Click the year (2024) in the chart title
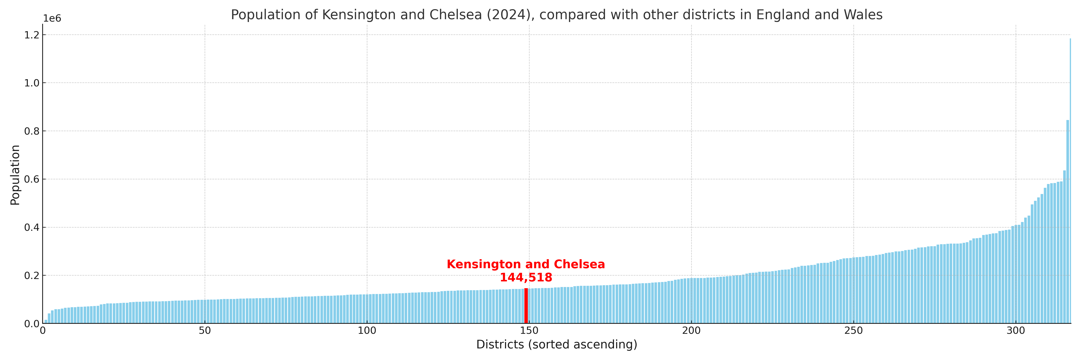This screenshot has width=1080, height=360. coord(511,15)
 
